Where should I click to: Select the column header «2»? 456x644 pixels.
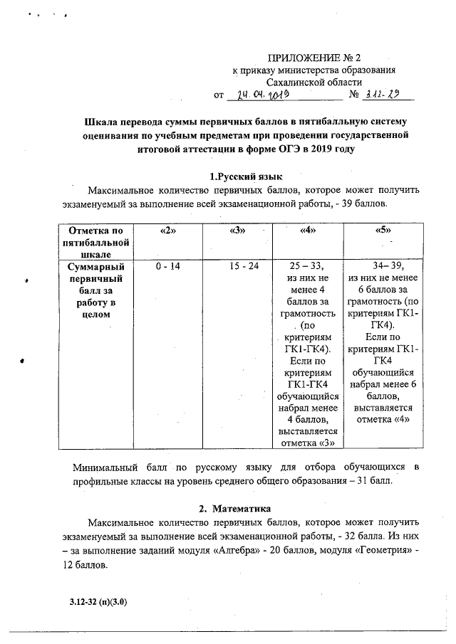click(167, 231)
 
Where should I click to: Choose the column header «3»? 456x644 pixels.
click(238, 231)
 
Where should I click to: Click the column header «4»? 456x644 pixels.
click(308, 231)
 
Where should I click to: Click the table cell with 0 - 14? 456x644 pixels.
click(167, 265)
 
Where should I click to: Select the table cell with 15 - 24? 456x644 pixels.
click(238, 265)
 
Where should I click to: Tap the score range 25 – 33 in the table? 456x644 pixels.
click(308, 265)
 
